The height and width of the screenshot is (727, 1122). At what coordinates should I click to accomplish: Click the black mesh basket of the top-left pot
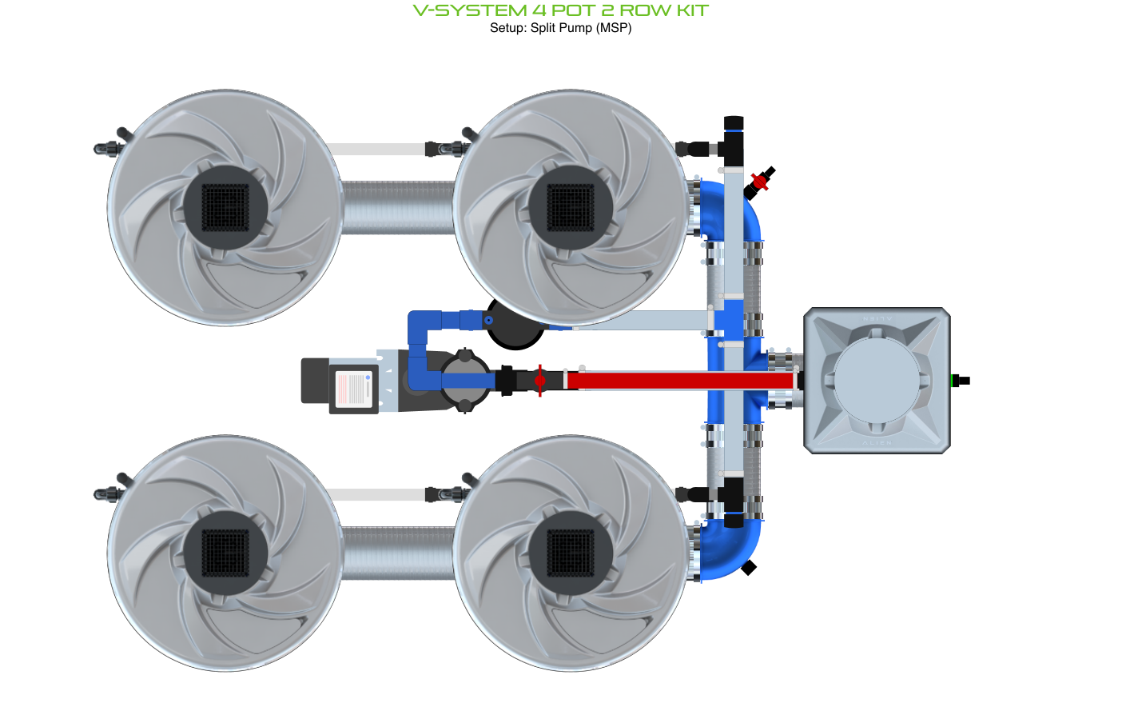(x=225, y=207)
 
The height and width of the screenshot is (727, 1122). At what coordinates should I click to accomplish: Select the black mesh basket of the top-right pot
(x=571, y=207)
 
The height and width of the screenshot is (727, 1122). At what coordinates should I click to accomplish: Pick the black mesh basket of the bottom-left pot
(x=225, y=553)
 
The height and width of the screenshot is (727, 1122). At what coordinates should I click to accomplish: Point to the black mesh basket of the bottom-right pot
(x=571, y=553)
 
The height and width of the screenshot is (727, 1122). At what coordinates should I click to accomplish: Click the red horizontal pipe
(x=679, y=380)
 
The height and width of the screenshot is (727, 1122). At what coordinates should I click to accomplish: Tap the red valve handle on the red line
(x=540, y=380)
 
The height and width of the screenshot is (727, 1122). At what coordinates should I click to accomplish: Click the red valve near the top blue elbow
(x=760, y=182)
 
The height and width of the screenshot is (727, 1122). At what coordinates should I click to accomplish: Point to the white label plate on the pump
(x=353, y=389)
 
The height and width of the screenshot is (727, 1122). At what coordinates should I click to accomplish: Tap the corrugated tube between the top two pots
(x=397, y=207)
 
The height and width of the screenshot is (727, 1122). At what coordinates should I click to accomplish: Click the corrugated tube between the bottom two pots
(x=397, y=553)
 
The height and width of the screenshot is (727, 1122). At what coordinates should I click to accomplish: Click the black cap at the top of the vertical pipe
(x=734, y=124)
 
